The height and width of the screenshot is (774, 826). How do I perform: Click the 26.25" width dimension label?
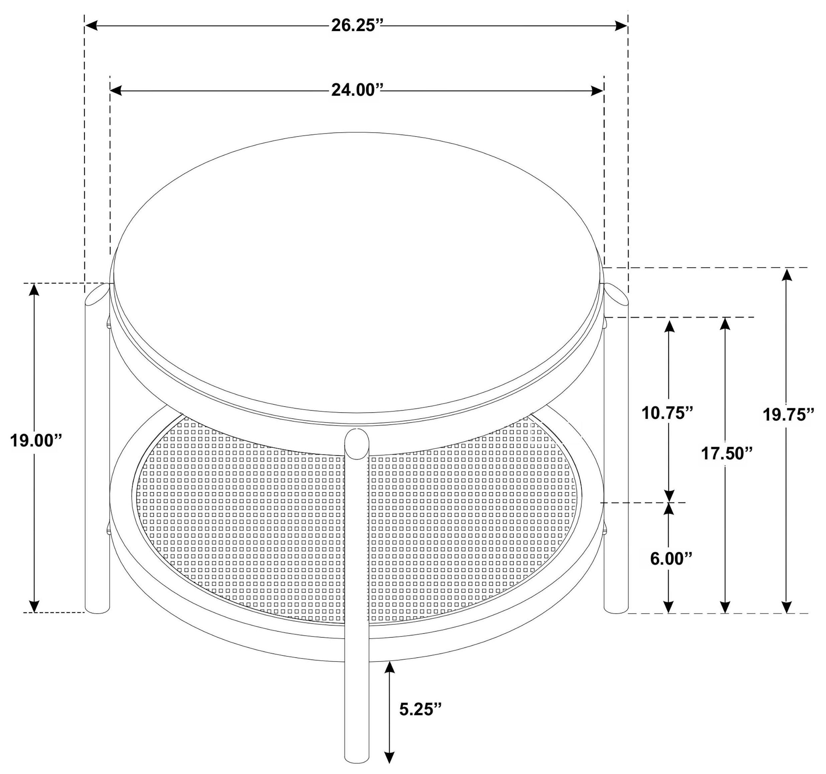356,26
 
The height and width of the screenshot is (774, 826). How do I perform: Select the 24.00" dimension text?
356,90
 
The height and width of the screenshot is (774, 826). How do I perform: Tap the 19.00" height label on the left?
36,441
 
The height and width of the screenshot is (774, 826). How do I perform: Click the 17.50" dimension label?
727,453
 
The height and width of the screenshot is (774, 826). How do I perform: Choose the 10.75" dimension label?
668,413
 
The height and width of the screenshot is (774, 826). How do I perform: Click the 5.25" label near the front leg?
420,709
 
